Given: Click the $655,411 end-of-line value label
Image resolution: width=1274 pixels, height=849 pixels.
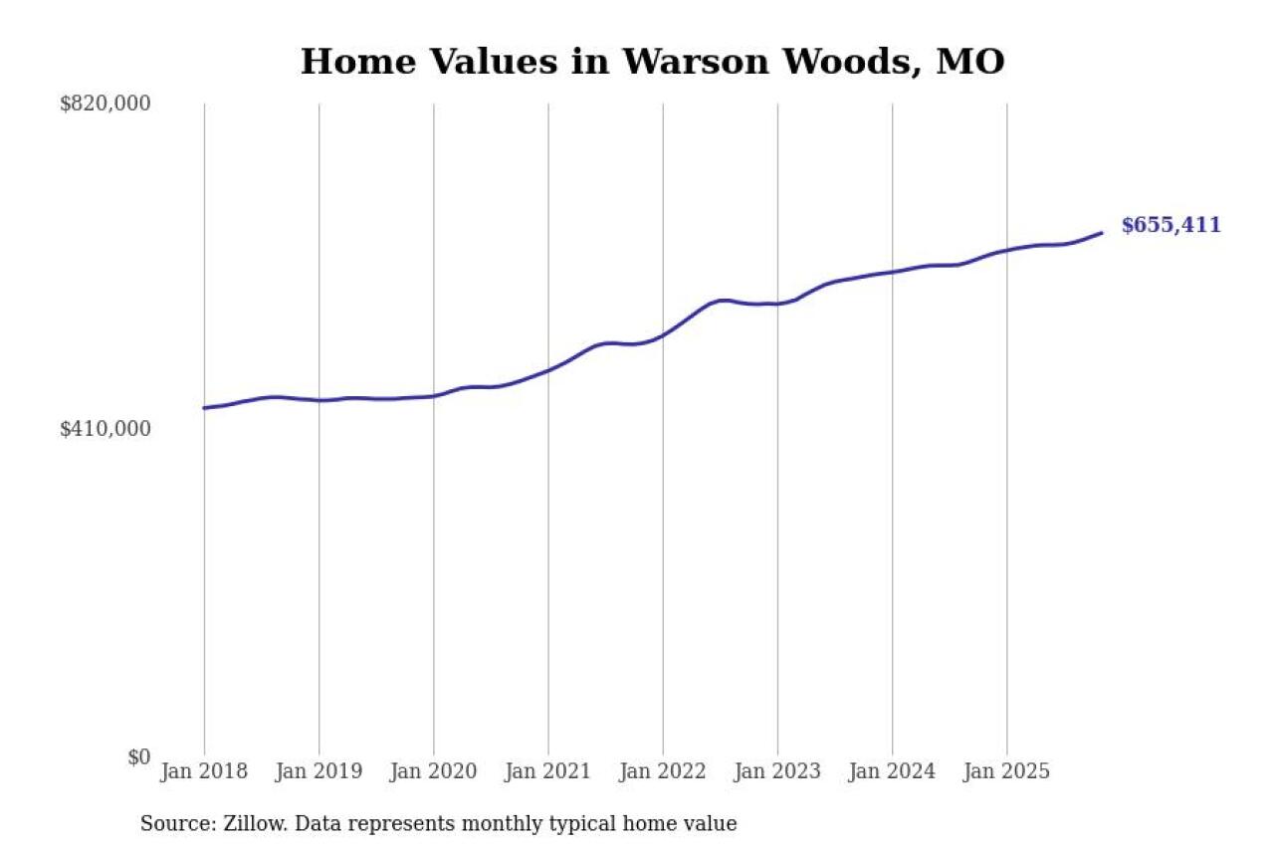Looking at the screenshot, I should (x=1170, y=226).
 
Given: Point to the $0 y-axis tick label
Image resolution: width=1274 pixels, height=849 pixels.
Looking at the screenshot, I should (x=138, y=757).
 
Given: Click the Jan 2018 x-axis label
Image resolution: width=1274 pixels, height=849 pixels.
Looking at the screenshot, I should (x=204, y=771).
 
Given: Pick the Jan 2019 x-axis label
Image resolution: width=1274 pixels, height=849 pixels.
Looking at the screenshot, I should (x=318, y=771).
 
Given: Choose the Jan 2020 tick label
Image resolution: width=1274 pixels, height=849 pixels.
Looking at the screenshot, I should (x=433, y=771).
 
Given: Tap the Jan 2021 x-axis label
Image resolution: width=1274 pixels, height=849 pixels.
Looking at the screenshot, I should (x=547, y=771).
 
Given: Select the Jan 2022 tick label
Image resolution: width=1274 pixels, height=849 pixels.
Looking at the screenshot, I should (x=662, y=771).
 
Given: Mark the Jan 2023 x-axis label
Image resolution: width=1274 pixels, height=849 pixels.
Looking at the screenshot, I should (x=777, y=771).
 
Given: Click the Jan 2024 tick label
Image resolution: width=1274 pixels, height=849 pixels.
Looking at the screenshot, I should (x=892, y=771).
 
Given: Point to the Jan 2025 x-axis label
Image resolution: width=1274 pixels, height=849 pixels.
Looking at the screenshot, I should (x=1006, y=771).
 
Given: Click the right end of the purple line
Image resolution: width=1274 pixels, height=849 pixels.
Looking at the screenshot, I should (x=1102, y=233).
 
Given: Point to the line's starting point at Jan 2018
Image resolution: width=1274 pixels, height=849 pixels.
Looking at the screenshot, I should (x=204, y=408).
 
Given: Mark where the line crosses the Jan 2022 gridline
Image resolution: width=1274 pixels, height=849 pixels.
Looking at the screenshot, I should (x=663, y=335).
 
